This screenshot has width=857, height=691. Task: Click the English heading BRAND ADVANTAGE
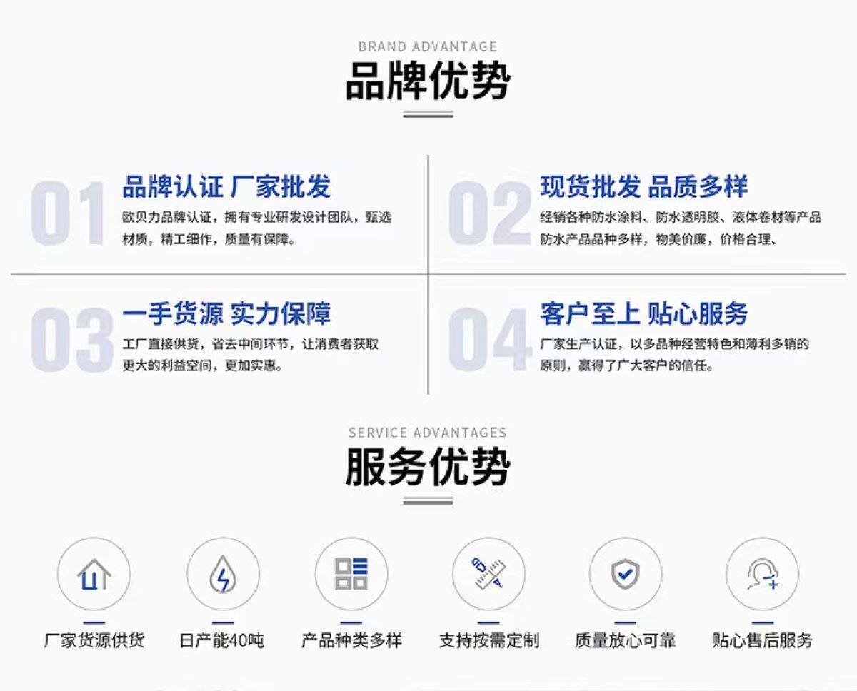click(x=427, y=46)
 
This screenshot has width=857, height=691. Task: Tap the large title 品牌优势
click(x=427, y=81)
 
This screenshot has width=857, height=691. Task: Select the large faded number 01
click(x=69, y=213)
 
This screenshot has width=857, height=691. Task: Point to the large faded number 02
click(x=490, y=213)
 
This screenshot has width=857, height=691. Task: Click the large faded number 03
click(x=71, y=339)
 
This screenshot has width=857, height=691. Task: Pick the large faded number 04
click(x=490, y=339)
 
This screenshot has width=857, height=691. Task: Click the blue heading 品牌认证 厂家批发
click(x=226, y=187)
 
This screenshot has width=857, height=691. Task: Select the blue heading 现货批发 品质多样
click(x=644, y=187)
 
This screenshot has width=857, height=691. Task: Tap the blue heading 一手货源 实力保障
click(x=226, y=313)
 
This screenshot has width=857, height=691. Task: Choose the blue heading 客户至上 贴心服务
click(x=644, y=313)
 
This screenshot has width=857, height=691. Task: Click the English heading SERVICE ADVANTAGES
click(x=427, y=433)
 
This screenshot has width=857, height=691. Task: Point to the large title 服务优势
click(x=427, y=468)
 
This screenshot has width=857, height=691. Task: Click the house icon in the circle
click(x=94, y=574)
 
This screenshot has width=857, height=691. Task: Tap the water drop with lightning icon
click(x=223, y=574)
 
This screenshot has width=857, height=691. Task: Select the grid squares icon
click(x=351, y=574)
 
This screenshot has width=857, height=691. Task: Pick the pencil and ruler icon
click(x=488, y=574)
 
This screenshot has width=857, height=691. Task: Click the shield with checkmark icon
click(x=625, y=574)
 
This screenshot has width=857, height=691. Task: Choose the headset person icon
click(x=762, y=574)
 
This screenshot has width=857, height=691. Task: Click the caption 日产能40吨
click(x=221, y=640)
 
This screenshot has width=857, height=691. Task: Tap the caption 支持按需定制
click(x=488, y=640)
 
